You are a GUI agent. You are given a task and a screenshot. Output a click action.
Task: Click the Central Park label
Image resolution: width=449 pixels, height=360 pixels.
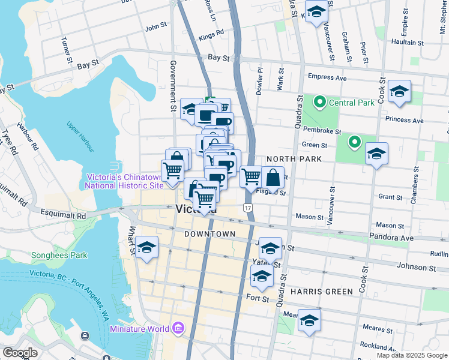pos(351,102)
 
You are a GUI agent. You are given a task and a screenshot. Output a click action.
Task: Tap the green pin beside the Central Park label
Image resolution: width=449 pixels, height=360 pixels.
pos(319,102)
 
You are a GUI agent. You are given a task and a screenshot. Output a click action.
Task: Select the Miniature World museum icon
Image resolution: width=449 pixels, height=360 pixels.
pos(178,328)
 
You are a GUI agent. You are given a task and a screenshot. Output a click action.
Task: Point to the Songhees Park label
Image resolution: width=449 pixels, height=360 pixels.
pos(59,255)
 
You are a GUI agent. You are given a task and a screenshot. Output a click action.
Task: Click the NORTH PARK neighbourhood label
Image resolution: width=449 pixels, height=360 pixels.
pos(291,159)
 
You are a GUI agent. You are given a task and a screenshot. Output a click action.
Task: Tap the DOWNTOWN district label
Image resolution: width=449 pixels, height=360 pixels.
pos(209,233)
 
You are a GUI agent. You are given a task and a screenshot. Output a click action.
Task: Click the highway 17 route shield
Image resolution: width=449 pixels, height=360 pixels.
pos(247,207)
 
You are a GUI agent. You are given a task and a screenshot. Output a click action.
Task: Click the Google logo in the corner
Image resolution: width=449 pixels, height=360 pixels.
pos(20,353)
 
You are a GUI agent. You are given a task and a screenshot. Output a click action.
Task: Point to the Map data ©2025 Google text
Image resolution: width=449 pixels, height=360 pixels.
pos(412,355)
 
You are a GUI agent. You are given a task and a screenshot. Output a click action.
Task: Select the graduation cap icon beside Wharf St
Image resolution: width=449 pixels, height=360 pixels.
pos(146,247)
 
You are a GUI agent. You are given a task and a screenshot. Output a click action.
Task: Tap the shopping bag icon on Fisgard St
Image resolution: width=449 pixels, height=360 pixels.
pos(273,178)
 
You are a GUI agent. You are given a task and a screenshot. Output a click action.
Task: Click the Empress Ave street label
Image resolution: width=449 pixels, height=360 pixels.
pos(327,77)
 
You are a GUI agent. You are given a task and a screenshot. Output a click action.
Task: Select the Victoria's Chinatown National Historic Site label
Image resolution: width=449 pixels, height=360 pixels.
pos(124,181)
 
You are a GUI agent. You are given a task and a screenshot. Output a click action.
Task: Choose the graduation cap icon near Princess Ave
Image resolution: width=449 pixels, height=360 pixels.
pos(399,92)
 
